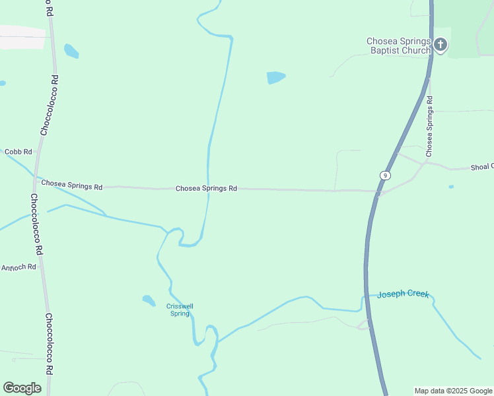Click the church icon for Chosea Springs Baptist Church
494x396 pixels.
point(441,45)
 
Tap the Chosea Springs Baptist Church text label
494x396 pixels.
point(398,46)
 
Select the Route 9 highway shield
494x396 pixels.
point(384,175)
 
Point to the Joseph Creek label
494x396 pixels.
point(403,294)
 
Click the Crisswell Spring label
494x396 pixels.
point(180,310)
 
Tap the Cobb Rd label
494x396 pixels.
point(18,152)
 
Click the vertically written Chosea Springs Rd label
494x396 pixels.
point(429,126)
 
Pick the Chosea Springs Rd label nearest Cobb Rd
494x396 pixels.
point(72,185)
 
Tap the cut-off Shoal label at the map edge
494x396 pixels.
point(481,168)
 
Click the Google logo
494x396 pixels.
point(22,388)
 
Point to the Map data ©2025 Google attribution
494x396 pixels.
point(454,391)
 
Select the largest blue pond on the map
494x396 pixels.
point(275,77)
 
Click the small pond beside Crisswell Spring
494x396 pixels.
point(149,300)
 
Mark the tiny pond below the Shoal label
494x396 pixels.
point(451,187)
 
